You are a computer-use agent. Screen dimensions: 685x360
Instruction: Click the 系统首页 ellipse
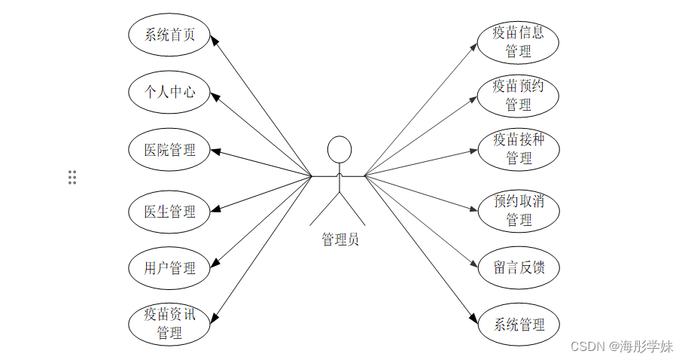[x=169, y=35]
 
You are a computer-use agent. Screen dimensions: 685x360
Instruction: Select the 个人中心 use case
[x=169, y=92]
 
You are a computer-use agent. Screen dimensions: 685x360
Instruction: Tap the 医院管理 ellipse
[x=169, y=150]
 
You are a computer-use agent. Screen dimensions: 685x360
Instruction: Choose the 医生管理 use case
[x=169, y=212]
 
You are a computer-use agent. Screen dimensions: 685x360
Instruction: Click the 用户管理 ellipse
[x=169, y=267]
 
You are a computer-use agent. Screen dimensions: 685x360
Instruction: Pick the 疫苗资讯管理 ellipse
[x=169, y=323]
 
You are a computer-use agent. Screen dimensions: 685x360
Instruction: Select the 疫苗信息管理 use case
[x=518, y=42]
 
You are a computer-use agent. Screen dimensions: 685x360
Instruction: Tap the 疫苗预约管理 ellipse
[x=518, y=96]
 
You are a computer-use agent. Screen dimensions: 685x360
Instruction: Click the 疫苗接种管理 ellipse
[x=518, y=149]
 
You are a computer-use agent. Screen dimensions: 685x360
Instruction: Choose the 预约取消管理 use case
[x=518, y=210]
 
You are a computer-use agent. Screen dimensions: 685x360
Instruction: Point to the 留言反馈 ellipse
[x=518, y=267]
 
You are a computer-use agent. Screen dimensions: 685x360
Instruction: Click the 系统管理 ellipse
[x=518, y=325]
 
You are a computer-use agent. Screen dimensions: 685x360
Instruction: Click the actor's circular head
[x=339, y=148]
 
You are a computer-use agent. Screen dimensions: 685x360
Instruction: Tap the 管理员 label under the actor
[x=339, y=240]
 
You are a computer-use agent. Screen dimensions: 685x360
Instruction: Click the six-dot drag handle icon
[x=72, y=178]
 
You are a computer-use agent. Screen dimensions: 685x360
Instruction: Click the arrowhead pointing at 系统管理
[x=474, y=319]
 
